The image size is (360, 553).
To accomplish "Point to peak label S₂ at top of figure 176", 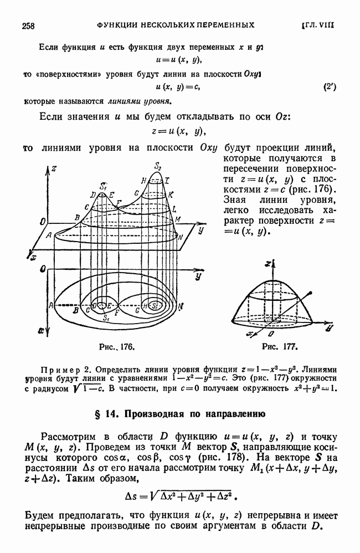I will click(x=158, y=166).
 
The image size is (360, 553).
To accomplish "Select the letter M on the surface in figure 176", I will click(x=178, y=219).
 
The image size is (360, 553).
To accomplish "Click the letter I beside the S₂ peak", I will click(x=166, y=181).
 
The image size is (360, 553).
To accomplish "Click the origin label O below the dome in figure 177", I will click(x=270, y=335).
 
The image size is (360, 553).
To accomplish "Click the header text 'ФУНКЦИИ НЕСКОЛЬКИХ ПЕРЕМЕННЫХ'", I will click(x=176, y=24).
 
